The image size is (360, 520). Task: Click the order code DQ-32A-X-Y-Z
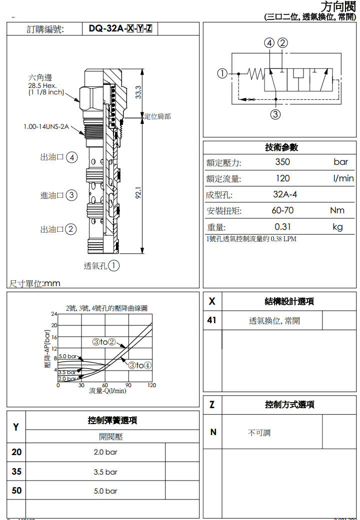120,29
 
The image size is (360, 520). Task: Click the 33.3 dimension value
138,91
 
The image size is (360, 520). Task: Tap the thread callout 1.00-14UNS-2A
46,126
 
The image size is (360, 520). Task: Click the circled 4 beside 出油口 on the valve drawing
72,157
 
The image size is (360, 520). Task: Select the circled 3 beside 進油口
71,195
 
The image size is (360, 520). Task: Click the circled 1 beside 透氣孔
114,266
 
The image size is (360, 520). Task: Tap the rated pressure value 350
282,162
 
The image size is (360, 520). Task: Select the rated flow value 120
282,178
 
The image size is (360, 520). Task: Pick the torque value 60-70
282,210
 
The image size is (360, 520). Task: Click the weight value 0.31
282,227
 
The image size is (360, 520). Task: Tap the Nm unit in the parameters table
337,210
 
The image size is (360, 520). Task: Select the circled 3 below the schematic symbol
275,114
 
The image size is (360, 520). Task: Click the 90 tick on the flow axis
128,385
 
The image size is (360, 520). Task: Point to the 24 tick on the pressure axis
54,314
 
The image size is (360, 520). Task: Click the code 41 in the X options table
212,320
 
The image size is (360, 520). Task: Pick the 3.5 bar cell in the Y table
105,472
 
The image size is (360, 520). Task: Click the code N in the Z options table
213,432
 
